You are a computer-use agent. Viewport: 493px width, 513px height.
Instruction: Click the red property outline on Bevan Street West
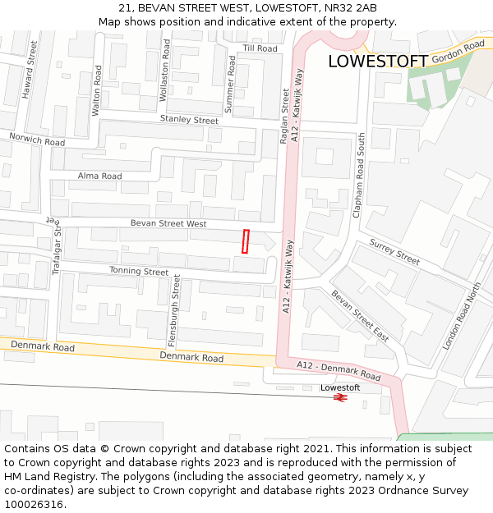(x=245, y=241)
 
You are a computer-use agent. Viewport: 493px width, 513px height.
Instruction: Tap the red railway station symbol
(x=340, y=397)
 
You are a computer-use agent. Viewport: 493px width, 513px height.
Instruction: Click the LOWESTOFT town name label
(x=377, y=62)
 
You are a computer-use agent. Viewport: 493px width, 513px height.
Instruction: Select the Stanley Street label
(x=189, y=120)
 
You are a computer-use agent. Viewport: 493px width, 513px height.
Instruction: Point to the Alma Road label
(x=99, y=176)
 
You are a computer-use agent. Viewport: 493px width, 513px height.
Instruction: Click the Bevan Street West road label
(x=168, y=223)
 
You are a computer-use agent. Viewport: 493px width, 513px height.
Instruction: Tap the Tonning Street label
(x=139, y=271)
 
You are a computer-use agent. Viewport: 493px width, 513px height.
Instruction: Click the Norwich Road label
(x=37, y=140)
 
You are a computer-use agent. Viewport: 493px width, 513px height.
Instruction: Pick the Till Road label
(x=260, y=49)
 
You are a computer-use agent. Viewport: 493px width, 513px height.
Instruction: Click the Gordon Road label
(x=458, y=53)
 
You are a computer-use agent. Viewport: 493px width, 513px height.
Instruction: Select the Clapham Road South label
(x=357, y=175)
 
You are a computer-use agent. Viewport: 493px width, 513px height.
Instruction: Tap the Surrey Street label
(x=394, y=251)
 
